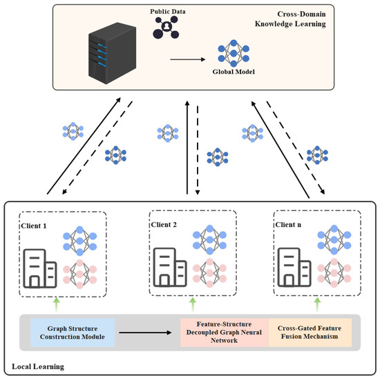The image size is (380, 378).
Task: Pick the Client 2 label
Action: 165,225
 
